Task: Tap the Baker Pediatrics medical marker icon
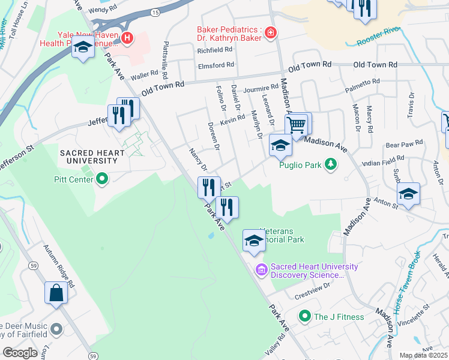tap(271, 32)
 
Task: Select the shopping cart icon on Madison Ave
tap(296, 125)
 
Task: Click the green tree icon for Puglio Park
tap(330, 164)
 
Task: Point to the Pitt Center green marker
tap(101, 178)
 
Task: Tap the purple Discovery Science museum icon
tap(261, 270)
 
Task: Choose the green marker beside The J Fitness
tap(305, 316)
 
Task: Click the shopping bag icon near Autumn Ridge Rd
tap(56, 293)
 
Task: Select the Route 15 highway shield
tap(155, 12)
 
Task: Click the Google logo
tap(20, 352)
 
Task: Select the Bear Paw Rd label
tap(404, 144)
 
